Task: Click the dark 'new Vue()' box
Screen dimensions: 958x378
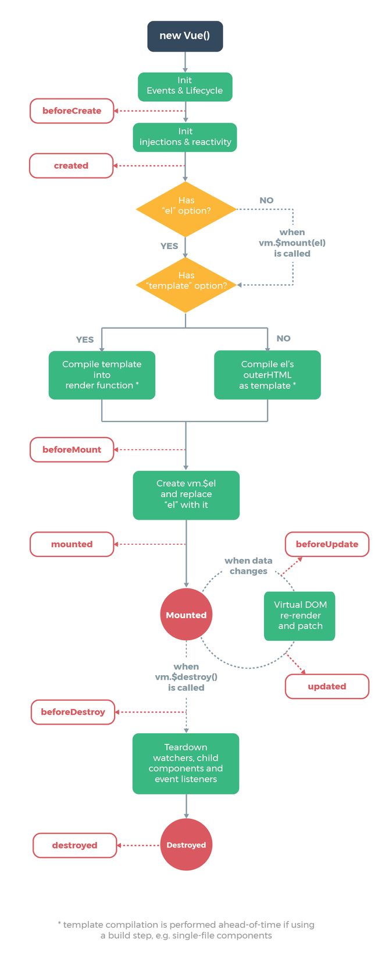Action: [185, 36]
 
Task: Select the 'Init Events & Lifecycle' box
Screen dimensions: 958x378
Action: [185, 86]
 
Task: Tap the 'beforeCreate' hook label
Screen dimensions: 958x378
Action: [72, 111]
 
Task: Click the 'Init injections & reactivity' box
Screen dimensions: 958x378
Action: [185, 137]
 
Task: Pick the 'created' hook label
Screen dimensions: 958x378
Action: [71, 166]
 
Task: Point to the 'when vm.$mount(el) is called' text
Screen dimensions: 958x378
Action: [292, 243]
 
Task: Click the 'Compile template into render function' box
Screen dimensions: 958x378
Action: [102, 375]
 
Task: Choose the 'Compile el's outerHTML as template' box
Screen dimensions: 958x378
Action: [267, 375]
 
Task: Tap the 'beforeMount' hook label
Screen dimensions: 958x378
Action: [72, 449]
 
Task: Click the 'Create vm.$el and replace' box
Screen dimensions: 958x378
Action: [186, 495]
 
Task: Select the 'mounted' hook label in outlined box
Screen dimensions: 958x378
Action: [72, 544]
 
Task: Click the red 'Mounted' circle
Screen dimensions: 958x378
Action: [186, 615]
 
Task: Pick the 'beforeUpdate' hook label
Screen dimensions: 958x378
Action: [327, 544]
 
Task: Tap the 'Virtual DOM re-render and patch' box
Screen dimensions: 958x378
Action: [299, 616]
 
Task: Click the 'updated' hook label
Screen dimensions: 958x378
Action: [327, 686]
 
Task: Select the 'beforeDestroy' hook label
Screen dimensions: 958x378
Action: [73, 712]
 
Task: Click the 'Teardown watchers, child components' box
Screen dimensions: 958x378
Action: [186, 763]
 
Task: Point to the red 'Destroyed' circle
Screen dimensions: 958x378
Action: [186, 845]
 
